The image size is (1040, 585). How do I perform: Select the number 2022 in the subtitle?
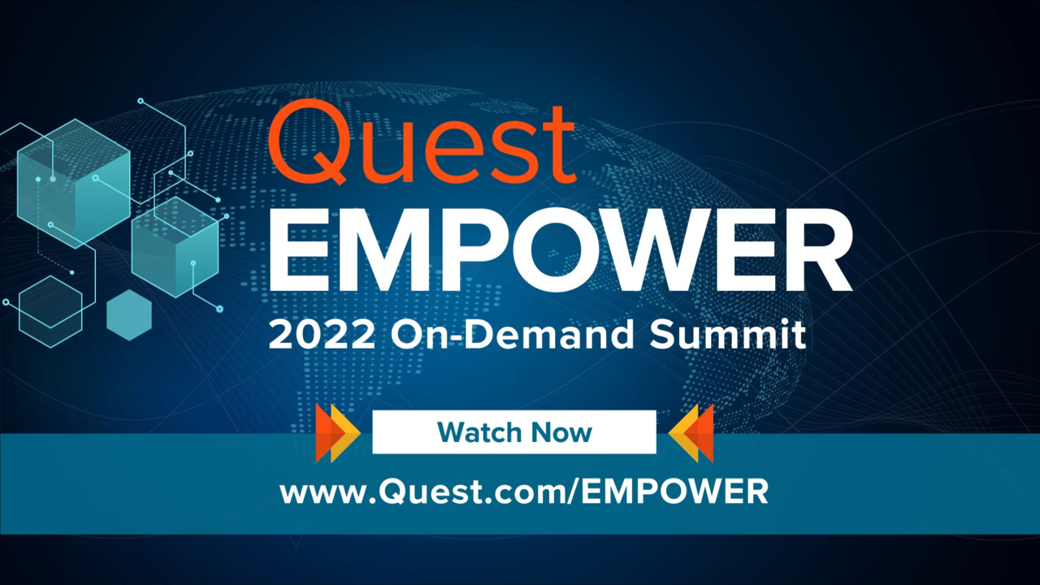(x=323, y=335)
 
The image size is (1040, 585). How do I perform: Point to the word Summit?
(x=727, y=335)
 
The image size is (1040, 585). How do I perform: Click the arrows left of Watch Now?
(x=338, y=432)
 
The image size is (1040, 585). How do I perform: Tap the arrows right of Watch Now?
(x=691, y=432)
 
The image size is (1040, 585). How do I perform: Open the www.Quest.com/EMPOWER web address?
(x=524, y=492)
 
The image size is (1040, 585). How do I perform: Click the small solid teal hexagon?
(x=129, y=314)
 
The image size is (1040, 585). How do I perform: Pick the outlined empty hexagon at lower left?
(x=50, y=311)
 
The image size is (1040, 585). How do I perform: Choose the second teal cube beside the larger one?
(x=175, y=246)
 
